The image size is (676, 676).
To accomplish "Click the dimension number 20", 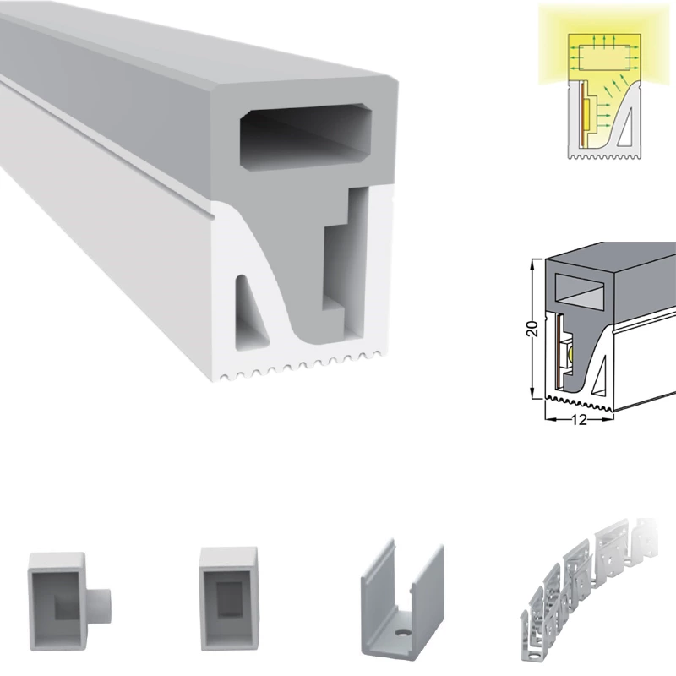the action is pyautogui.click(x=533, y=329).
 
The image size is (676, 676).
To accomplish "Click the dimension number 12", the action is pyautogui.click(x=579, y=419).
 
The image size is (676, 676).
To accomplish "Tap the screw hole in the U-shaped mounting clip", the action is pyautogui.click(x=403, y=632).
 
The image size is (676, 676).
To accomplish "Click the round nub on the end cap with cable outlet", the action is pyautogui.click(x=103, y=606).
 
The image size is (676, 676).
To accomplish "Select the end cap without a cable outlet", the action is pyautogui.click(x=229, y=599).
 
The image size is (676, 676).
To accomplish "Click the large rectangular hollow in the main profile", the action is pyautogui.click(x=306, y=137).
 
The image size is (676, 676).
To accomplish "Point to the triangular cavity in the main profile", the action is pyautogui.click(x=250, y=313).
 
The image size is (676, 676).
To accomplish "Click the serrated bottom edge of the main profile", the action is pyautogui.click(x=301, y=367).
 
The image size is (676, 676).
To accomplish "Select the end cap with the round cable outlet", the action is pyautogui.click(x=70, y=602).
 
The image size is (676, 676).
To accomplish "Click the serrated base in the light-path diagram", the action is pyautogui.click(x=604, y=155).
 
